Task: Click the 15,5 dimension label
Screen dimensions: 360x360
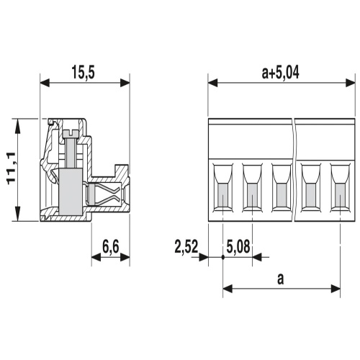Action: click(85, 71)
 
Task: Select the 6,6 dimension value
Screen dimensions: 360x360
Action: click(111, 247)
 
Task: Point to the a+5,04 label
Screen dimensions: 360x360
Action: click(280, 71)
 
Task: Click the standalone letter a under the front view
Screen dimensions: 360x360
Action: click(280, 278)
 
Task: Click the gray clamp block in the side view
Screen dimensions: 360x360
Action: click(71, 193)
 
